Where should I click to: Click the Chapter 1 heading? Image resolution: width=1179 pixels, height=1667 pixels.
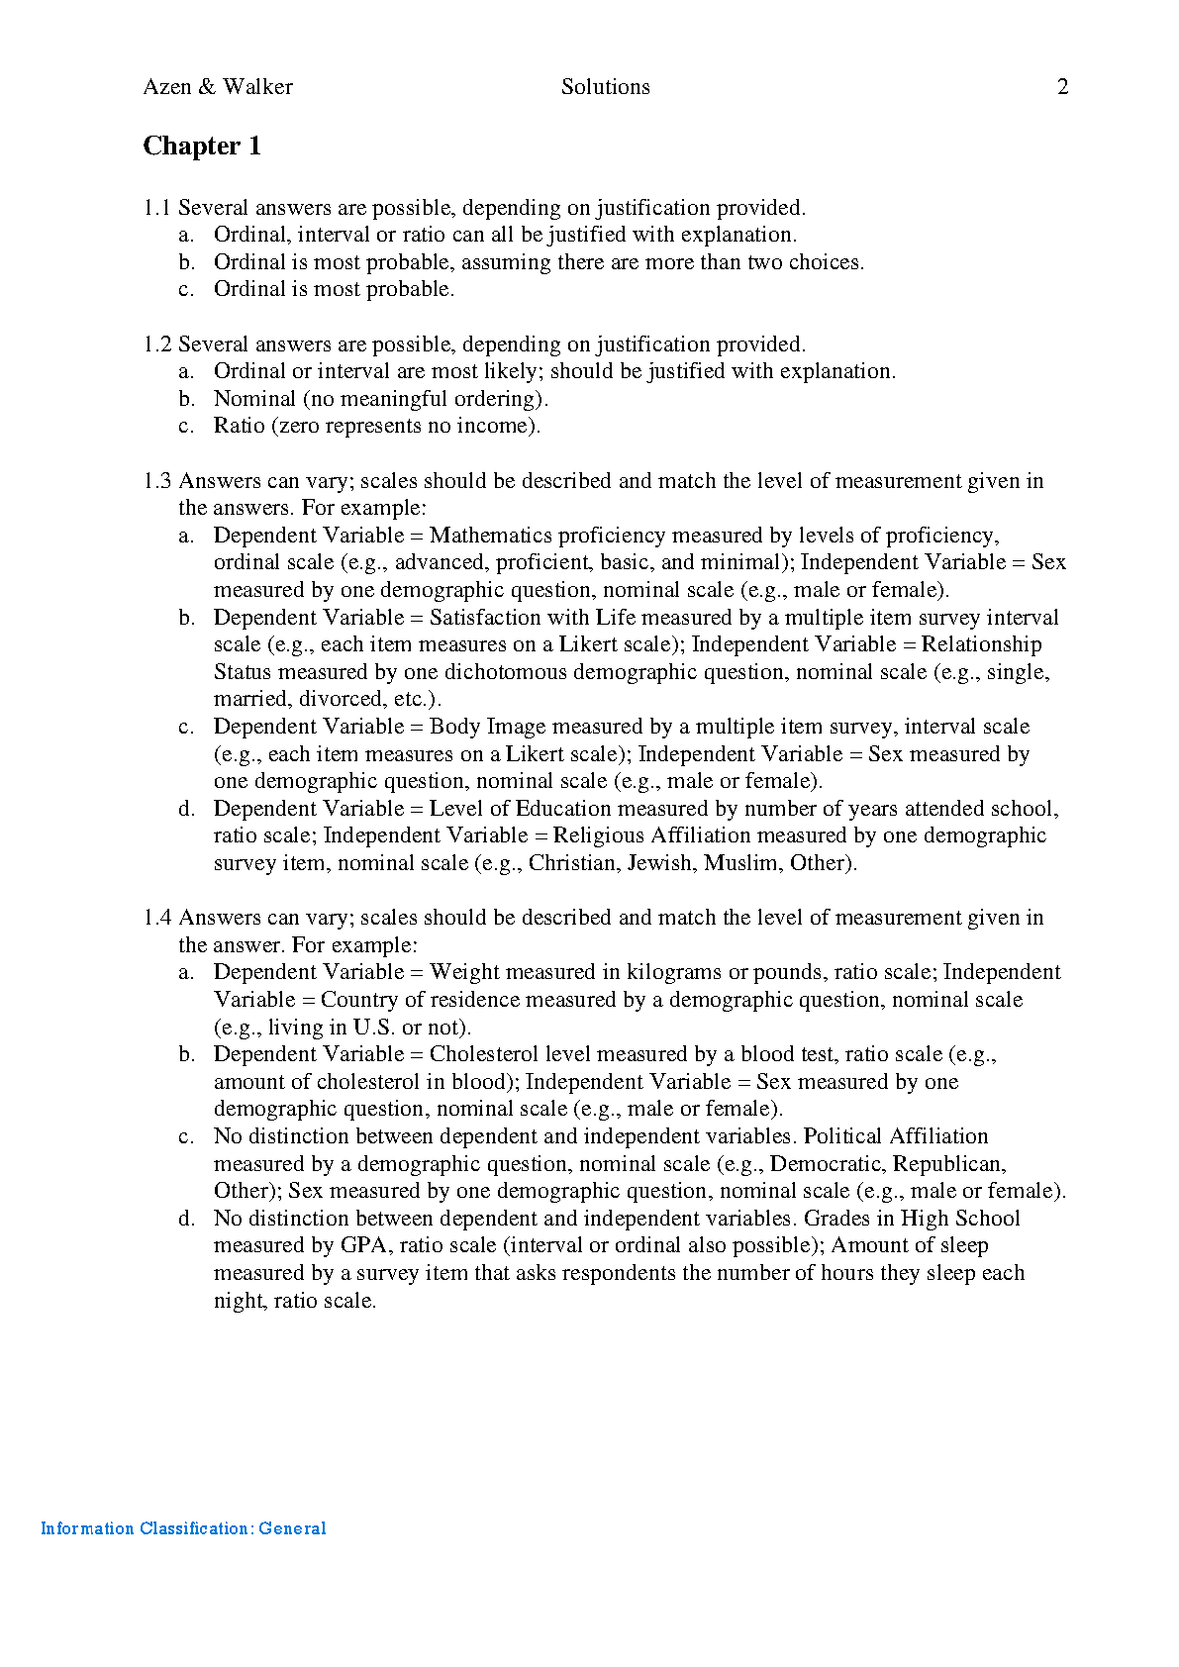(202, 147)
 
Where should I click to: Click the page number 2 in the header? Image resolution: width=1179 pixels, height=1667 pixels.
(1063, 87)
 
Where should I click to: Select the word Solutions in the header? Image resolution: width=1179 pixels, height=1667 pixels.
(605, 87)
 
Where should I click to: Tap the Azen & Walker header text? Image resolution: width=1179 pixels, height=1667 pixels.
(218, 87)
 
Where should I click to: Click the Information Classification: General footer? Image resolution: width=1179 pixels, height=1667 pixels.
(183, 1528)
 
